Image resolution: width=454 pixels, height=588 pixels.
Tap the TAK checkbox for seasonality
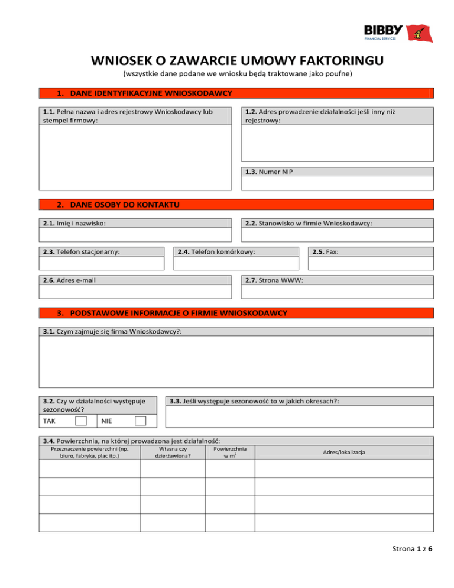(82, 421)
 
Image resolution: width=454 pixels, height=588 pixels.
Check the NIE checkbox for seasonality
(140, 421)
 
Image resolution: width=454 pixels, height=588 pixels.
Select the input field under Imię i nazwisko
(135, 235)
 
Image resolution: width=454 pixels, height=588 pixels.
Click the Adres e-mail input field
(135, 292)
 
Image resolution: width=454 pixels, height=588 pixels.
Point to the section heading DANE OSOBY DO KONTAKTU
(118, 205)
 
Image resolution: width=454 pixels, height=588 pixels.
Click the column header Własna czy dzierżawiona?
(173, 453)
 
